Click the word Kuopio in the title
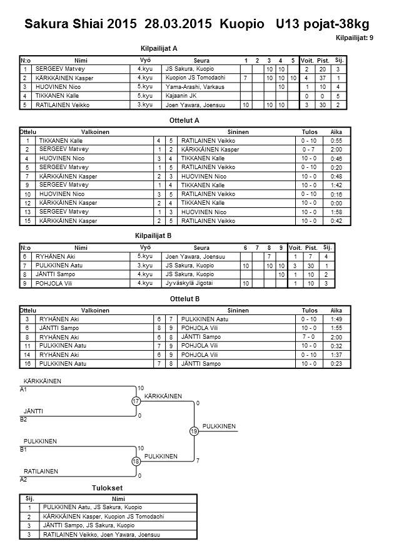[x=240, y=24]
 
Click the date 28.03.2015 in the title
[x=179, y=24]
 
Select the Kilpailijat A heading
[x=160, y=48]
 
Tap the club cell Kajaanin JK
[x=180, y=96]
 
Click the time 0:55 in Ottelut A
[x=336, y=142]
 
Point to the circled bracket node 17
[x=136, y=401]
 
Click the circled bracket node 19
[x=194, y=431]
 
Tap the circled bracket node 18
[x=136, y=462]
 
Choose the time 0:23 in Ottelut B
[x=336, y=364]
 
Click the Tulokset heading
[x=106, y=488]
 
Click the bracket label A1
[x=24, y=389]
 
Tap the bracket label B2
[x=24, y=419]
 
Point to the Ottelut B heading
[x=184, y=299]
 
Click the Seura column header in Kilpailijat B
[x=201, y=247]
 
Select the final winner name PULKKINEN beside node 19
[x=219, y=426]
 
